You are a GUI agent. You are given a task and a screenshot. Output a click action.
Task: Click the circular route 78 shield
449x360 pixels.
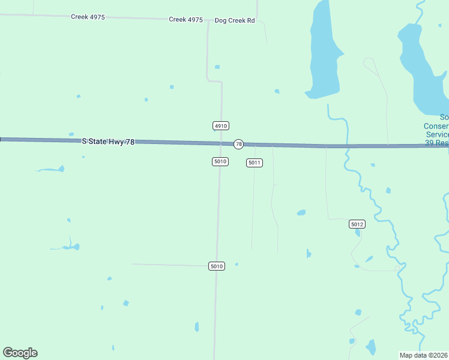pos(238,144)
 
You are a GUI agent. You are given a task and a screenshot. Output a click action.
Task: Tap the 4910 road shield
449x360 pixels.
pos(220,125)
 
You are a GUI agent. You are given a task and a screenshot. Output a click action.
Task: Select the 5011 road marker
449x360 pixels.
pos(255,163)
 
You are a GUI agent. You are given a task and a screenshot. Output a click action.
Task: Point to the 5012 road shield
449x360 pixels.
pos(357,224)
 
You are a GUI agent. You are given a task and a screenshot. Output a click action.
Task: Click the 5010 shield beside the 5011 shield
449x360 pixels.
pos(220,161)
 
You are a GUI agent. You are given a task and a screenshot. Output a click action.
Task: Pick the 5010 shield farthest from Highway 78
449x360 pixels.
pos(217,266)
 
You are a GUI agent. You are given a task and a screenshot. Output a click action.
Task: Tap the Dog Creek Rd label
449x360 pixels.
pos(235,20)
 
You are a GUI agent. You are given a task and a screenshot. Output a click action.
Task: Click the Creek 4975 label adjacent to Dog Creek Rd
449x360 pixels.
pos(185,19)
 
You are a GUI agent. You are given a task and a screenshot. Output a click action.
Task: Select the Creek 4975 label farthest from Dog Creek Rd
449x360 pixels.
pos(88,17)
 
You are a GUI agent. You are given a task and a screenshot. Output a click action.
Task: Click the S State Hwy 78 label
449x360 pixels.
pos(108,141)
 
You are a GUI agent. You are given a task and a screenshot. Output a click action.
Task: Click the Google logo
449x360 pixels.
pos(20,353)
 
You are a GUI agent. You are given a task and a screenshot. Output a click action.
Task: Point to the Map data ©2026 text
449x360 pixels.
pos(424,355)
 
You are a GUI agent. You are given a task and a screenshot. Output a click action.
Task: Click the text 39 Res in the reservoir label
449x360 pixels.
pos(436,143)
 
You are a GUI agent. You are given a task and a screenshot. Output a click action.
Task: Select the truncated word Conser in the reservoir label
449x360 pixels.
pos(436,126)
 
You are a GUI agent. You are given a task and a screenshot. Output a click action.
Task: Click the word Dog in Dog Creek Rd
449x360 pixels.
pos(221,20)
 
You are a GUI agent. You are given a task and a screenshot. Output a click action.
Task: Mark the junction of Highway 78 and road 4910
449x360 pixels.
pos(221,143)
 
